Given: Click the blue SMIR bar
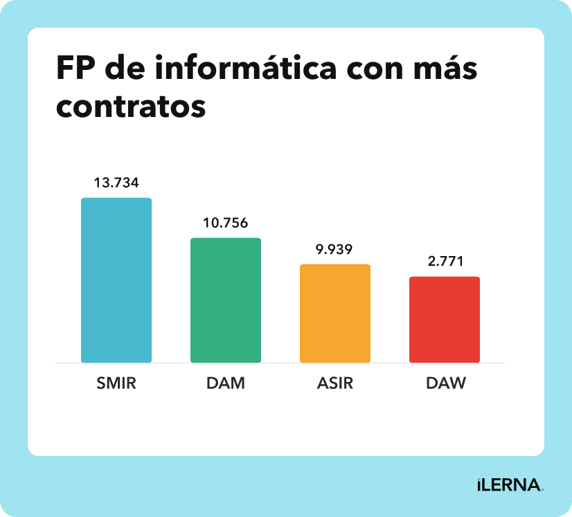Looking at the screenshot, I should [116, 280].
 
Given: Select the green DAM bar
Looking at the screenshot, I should [226, 300].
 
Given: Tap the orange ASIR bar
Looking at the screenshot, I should [335, 314].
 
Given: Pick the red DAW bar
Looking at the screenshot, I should [445, 320].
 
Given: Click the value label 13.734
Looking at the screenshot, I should [116, 183].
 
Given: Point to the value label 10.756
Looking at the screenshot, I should [226, 223].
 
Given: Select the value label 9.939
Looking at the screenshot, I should [335, 249].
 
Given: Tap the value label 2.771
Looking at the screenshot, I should [445, 262].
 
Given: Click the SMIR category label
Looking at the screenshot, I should [116, 383].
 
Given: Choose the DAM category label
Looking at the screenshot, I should [226, 383].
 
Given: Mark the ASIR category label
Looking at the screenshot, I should [335, 383].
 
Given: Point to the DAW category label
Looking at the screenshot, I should [445, 383].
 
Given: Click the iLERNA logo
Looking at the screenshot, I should [509, 485].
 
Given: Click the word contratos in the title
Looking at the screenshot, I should [131, 107].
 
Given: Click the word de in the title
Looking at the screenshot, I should [129, 69].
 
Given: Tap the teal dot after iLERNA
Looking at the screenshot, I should [542, 490].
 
